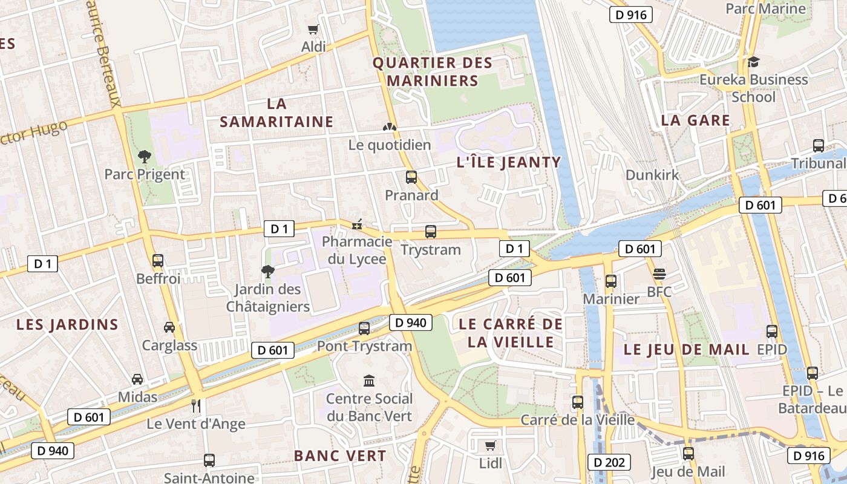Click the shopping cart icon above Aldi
pos(313,29)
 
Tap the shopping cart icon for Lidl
pos(490,446)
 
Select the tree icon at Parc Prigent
pos(144,157)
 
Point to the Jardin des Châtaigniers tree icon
pos(267,271)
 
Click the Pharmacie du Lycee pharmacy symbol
pos(358,224)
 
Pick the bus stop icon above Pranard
pos(411,177)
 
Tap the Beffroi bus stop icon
pos(158,261)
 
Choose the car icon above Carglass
pos(169,327)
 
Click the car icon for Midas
pos(137,379)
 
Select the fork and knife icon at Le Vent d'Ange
pos(195,405)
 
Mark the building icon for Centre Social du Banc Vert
pos(369,381)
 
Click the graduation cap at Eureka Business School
pos(753,62)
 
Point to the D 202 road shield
pos(609,463)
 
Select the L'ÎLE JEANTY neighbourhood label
pos(509,162)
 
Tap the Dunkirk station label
pos(652,175)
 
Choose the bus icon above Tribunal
pos(819,146)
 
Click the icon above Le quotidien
pos(390,127)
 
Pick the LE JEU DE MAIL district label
pos(686,350)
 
